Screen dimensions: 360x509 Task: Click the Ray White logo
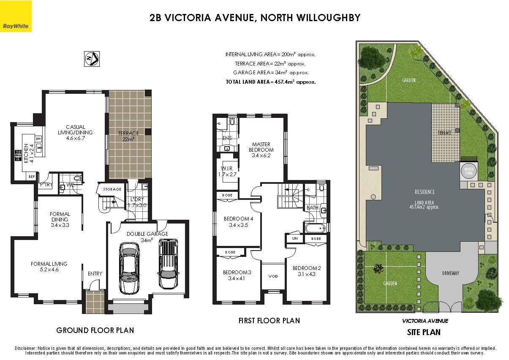point(16,16)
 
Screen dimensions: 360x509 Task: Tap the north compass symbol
point(92,58)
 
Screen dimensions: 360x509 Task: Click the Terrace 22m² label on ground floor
point(128,136)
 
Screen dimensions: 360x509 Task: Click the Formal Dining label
point(60,220)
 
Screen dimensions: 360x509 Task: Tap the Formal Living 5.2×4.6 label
point(49,267)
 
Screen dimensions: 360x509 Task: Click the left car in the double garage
point(129,268)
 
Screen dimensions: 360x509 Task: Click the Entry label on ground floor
point(95,274)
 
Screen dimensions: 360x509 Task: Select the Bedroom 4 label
point(238,222)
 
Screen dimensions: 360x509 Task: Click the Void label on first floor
point(273,276)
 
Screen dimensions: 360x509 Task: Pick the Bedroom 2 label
point(307,271)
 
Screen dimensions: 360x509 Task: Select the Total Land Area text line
point(271,82)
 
